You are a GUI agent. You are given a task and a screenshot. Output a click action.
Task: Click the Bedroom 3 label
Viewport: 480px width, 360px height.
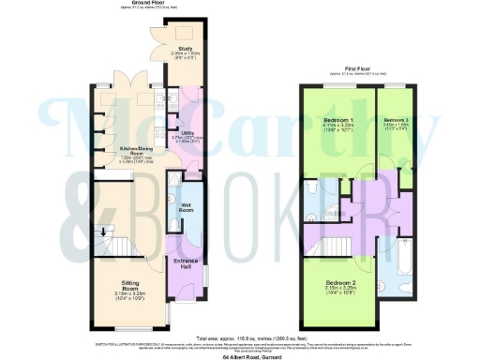(x=397, y=121)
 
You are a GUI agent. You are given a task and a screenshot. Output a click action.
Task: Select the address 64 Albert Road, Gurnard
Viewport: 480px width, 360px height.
(x=239, y=356)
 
